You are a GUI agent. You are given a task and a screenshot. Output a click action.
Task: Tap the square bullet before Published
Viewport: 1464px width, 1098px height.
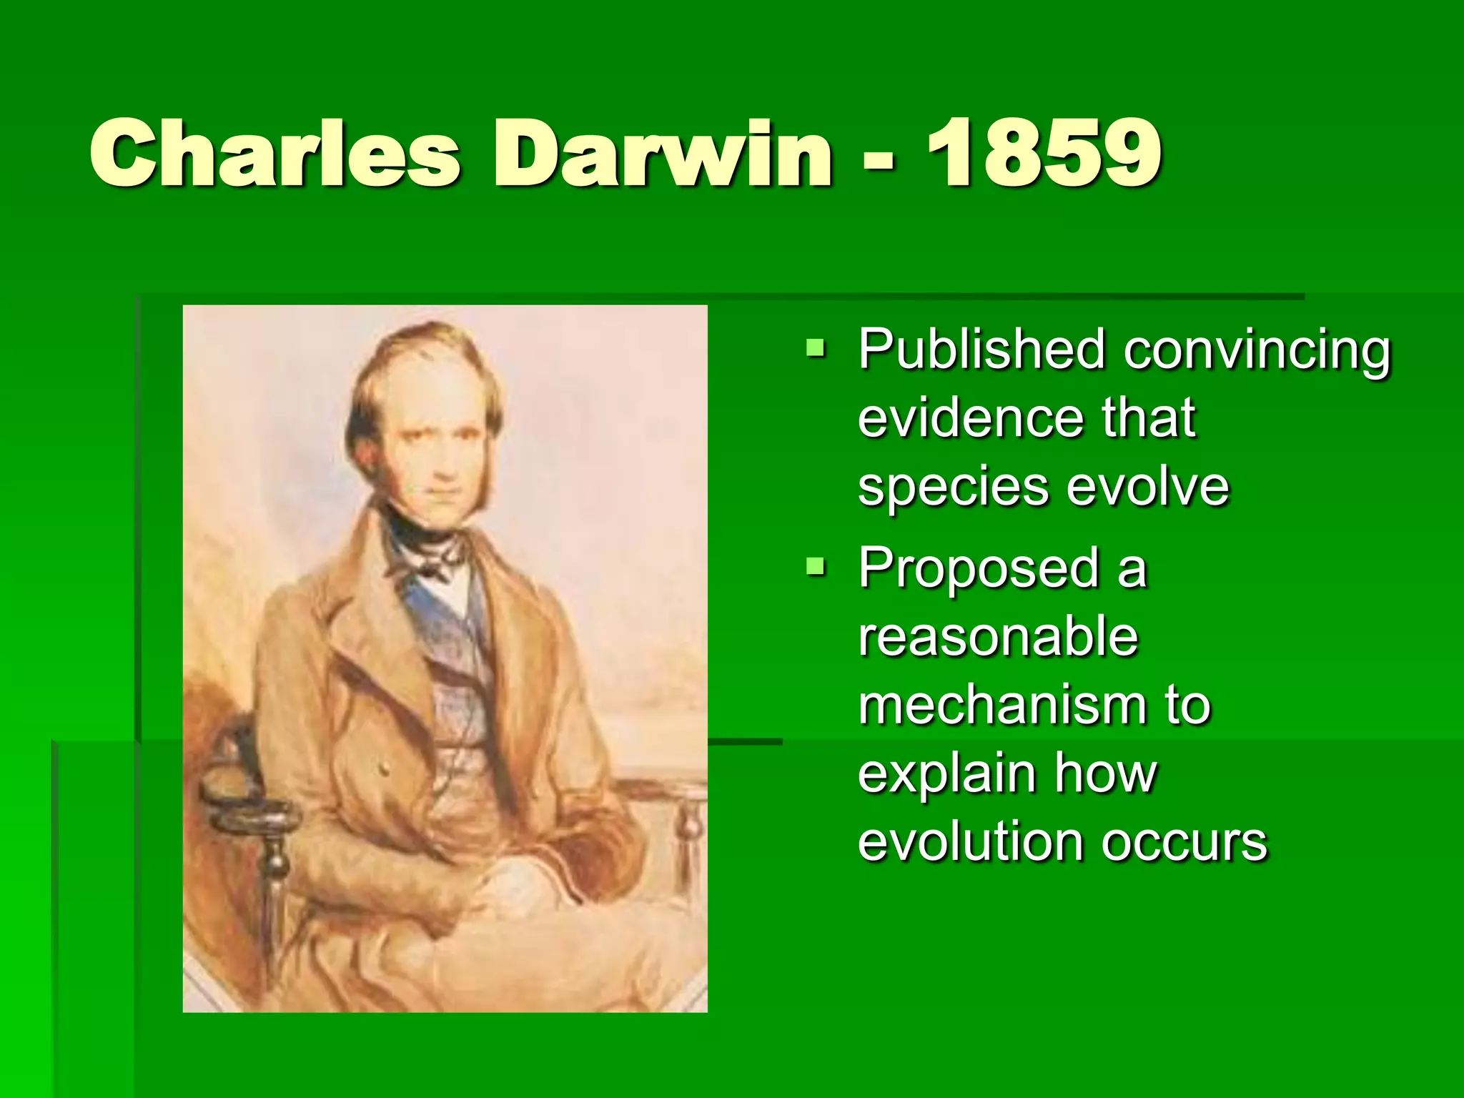[813, 349]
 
